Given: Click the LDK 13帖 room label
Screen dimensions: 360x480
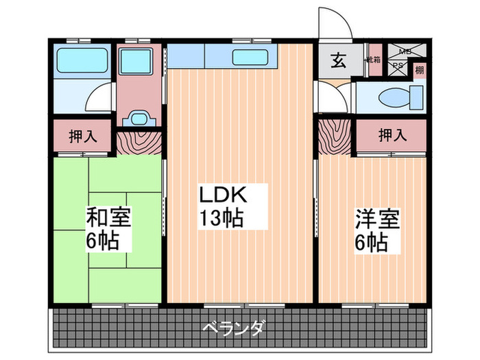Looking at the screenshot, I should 221,206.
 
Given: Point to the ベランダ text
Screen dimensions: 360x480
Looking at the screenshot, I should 233,328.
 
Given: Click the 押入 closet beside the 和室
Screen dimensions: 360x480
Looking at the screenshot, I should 83,136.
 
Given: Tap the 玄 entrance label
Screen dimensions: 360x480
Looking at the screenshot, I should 339,61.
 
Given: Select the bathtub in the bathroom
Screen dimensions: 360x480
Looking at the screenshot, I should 82,63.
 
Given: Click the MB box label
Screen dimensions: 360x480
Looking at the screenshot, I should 405,51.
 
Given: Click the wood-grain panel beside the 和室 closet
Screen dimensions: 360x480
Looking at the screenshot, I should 139,142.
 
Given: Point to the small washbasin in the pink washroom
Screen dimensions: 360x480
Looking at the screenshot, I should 139,117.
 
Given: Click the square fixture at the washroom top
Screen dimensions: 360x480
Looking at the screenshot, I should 139,62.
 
